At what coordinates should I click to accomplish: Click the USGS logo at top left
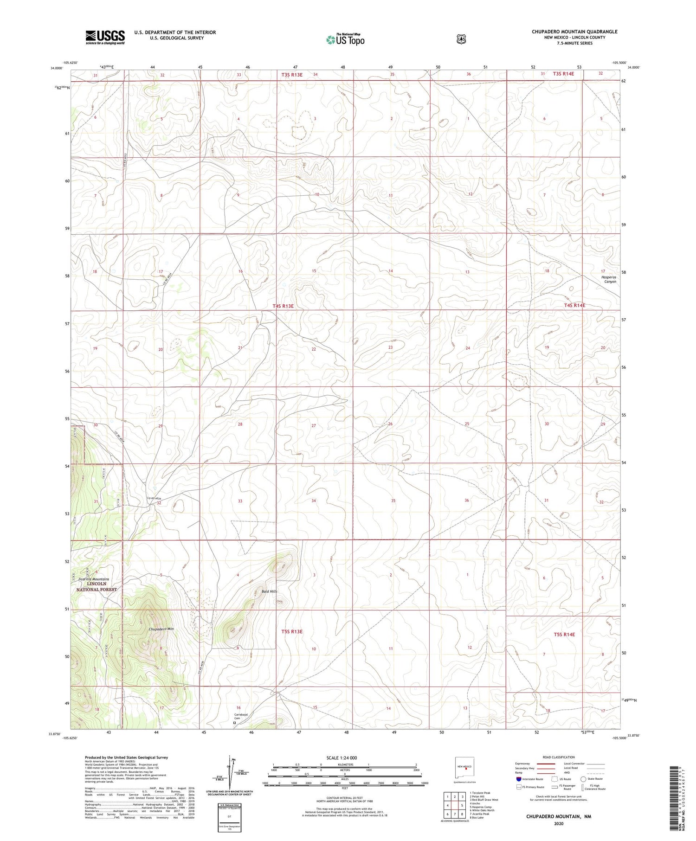tap(105, 37)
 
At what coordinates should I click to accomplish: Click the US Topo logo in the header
tap(345, 39)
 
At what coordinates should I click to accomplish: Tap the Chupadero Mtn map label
tap(161, 629)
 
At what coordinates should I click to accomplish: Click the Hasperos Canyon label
tap(606, 279)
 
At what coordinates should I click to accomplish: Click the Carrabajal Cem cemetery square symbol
tap(234, 722)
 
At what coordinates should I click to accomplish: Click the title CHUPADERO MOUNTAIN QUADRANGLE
tap(574, 32)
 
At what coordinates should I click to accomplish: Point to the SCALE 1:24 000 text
tap(342, 758)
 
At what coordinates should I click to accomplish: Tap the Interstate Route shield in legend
tap(518, 779)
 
